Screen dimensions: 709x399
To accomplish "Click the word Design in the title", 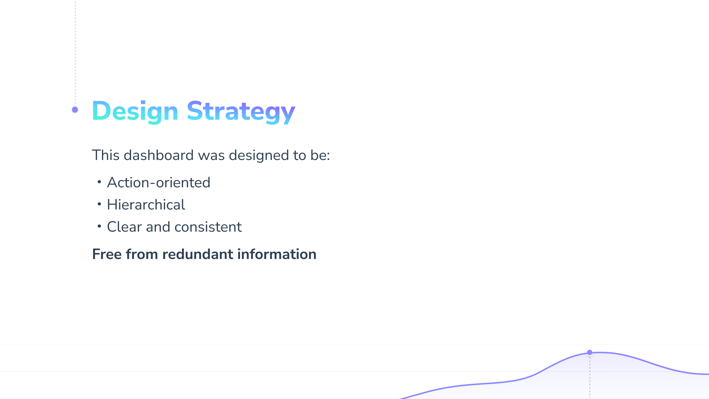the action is (135, 111).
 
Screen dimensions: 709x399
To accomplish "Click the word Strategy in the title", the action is (241, 111).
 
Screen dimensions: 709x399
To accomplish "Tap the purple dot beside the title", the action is (75, 110).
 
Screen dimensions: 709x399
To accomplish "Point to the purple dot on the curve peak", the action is (590, 352).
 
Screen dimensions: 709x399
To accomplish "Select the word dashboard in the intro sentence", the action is (158, 155).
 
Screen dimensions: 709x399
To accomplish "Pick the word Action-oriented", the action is (158, 183).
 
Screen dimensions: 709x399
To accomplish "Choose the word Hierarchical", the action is (146, 205).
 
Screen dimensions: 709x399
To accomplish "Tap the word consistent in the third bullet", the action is (208, 227).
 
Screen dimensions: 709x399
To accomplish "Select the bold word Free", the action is (107, 254).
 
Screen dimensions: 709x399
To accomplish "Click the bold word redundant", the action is (198, 254).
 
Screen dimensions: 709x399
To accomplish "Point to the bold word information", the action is (277, 254).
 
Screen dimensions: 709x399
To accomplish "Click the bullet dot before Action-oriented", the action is (99, 182).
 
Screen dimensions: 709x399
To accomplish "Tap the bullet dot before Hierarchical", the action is (99, 204).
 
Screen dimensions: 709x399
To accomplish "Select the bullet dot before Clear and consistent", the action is (99, 226).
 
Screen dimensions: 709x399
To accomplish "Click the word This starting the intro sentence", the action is (106, 155).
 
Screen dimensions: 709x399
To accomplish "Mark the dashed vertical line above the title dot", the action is (75, 53).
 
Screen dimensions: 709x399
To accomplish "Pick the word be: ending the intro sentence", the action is (320, 155).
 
